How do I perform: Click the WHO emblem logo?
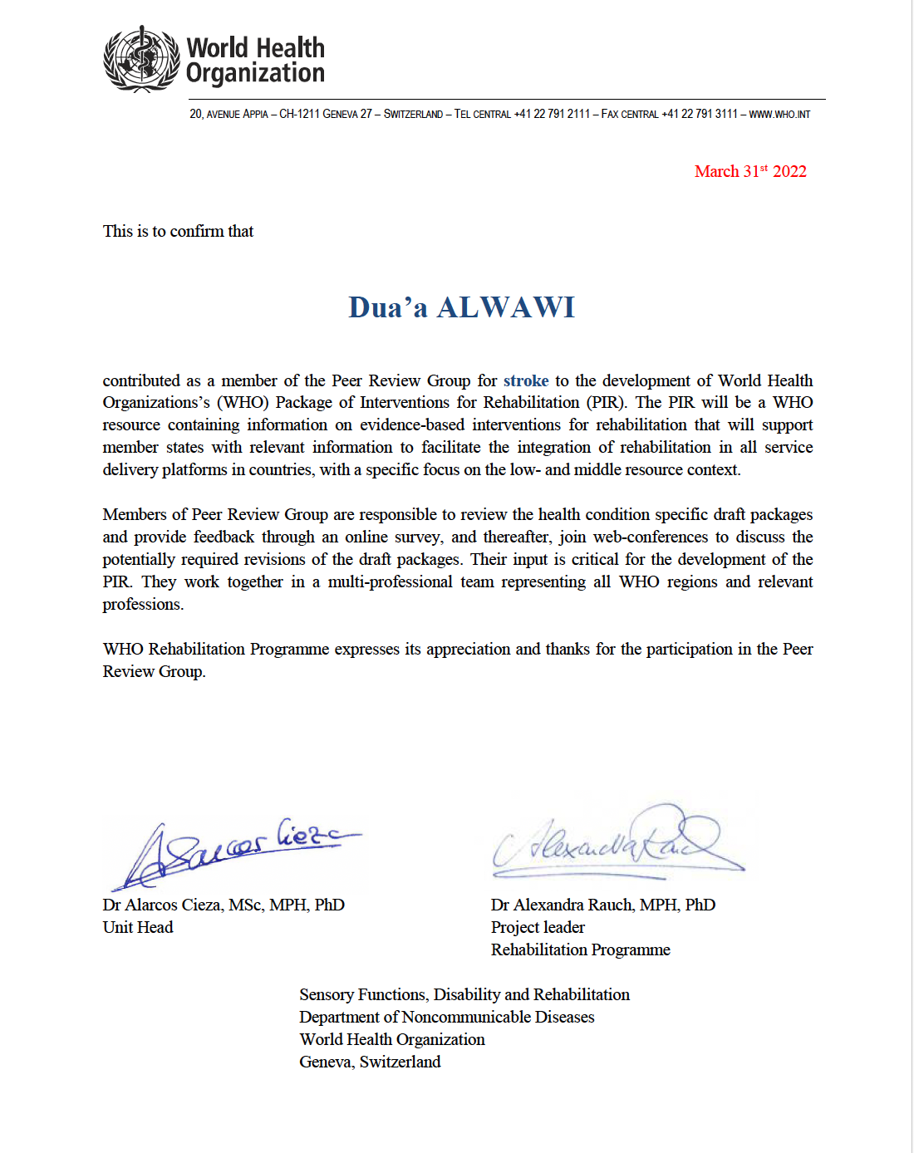[x=141, y=59]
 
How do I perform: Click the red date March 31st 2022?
[x=750, y=171]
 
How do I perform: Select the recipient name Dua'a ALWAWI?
[x=461, y=307]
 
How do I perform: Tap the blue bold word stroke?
[x=525, y=380]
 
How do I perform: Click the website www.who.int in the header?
[x=779, y=114]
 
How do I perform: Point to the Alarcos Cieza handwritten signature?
[x=233, y=851]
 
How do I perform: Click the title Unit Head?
[x=138, y=927]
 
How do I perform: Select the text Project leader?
[x=538, y=927]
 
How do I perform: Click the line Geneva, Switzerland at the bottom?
[x=370, y=1062]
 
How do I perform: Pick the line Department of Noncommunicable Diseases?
[x=447, y=1017]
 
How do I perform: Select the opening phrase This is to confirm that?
[x=178, y=231]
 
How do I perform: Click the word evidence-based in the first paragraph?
[x=411, y=425]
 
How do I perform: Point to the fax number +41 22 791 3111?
[x=699, y=114]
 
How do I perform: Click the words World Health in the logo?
[x=255, y=47]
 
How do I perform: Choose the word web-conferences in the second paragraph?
[x=650, y=537]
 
